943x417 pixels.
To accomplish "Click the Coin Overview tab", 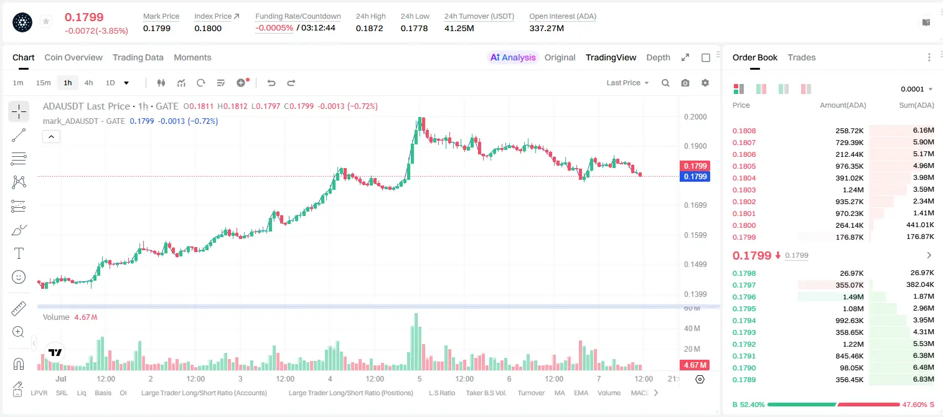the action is point(73,57).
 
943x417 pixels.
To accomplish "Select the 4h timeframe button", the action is point(88,83).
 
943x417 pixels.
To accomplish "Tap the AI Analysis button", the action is point(513,57).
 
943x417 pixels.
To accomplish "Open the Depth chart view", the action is point(658,57).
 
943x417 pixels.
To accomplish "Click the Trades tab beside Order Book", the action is point(802,57).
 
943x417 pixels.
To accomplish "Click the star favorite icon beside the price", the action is point(46,21).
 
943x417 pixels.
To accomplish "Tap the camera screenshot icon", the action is point(685,83).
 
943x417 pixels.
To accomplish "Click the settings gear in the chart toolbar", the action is point(705,83).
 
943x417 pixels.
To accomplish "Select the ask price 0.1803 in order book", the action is point(744,190).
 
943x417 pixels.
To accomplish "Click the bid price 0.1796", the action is point(744,297).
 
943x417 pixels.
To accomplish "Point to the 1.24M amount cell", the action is point(853,190).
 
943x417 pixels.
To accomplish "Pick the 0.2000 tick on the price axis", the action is point(695,116).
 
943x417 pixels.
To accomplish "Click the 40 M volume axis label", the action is point(692,328).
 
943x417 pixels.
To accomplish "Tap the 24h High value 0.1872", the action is point(369,28).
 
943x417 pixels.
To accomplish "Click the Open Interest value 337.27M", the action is point(547,28).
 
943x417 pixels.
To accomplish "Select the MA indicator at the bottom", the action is point(560,393).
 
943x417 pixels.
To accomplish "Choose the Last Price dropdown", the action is point(627,83).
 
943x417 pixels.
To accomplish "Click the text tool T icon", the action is point(19,253).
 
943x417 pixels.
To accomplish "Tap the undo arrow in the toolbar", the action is point(271,83).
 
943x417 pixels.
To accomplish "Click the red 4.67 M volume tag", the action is point(695,365).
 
